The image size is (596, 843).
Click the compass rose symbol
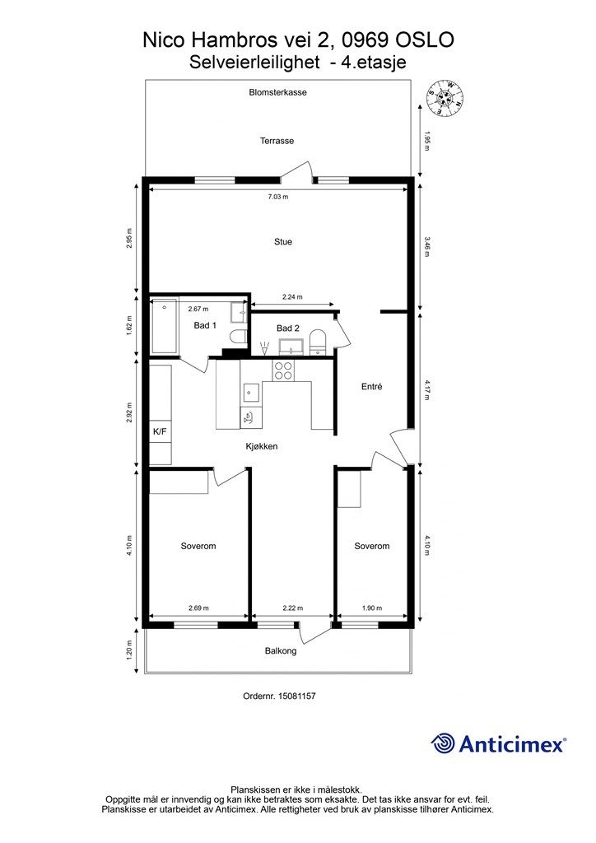pos(445,96)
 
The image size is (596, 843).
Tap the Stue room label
pos(283,242)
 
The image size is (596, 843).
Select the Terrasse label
pos(277,141)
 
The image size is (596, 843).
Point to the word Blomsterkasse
pos(277,93)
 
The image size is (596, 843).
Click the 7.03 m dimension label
pos(278,197)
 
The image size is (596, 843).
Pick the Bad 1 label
pos(205,326)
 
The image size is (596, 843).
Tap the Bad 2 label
pos(287,328)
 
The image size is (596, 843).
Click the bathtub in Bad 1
pos(164,327)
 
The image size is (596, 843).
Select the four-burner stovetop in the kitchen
pos(284,370)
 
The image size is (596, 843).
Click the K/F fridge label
pos(159,431)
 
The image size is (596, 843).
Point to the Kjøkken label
pos(262,446)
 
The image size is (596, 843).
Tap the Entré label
pos(373,386)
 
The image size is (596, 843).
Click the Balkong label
pos(281,650)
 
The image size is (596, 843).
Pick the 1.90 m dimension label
pos(373,608)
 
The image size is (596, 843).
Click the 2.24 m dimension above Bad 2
pos(292,297)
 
